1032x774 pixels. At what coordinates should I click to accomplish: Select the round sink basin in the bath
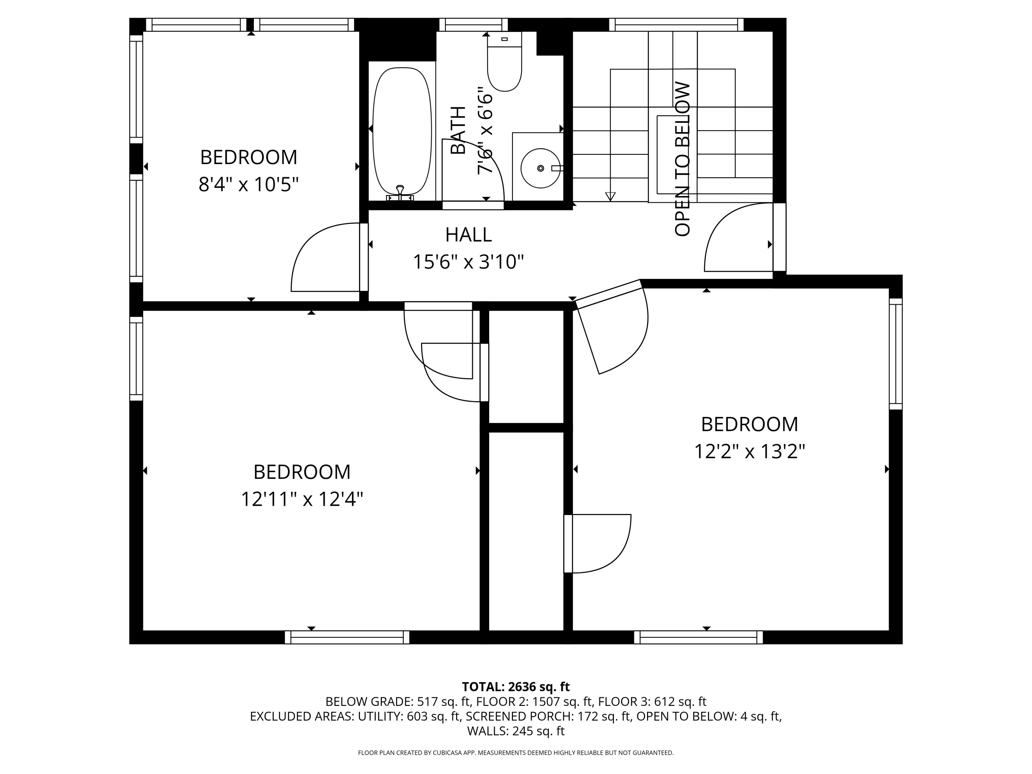click(540, 168)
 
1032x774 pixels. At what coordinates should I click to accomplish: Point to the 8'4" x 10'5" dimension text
click(248, 185)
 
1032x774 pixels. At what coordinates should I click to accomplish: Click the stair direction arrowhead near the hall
click(610, 196)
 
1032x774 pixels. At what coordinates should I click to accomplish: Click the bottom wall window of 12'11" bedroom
click(347, 637)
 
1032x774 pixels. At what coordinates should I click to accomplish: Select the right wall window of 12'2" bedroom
click(895, 354)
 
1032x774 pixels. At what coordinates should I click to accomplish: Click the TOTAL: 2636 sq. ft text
click(516, 687)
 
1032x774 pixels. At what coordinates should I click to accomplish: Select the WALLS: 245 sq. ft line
click(516, 731)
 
